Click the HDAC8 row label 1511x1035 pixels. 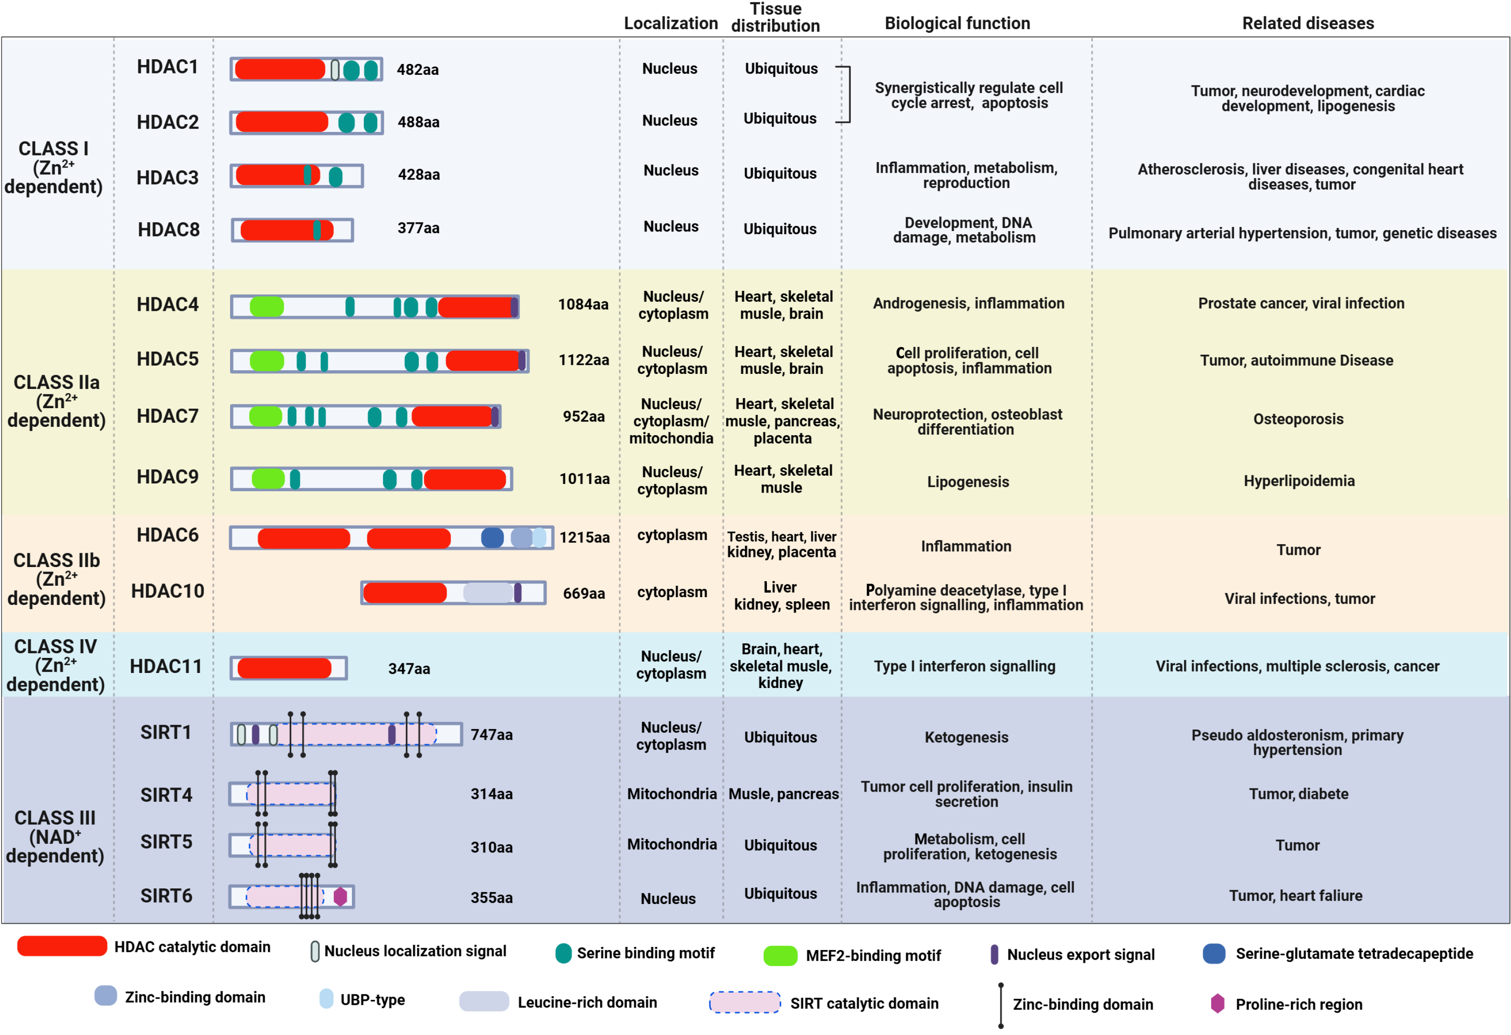coord(168,230)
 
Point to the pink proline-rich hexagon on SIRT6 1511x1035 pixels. coord(340,897)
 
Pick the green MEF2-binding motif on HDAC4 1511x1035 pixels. coord(267,306)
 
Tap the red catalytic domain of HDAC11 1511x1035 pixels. coord(284,667)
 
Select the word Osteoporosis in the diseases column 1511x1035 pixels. coord(1298,419)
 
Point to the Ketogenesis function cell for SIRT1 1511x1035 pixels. coord(966,737)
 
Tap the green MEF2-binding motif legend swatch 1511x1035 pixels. coord(780,956)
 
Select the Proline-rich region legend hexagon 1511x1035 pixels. coord(1217,1003)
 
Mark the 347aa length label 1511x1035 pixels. coord(409,669)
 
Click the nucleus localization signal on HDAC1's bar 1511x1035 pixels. coord(335,69)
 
